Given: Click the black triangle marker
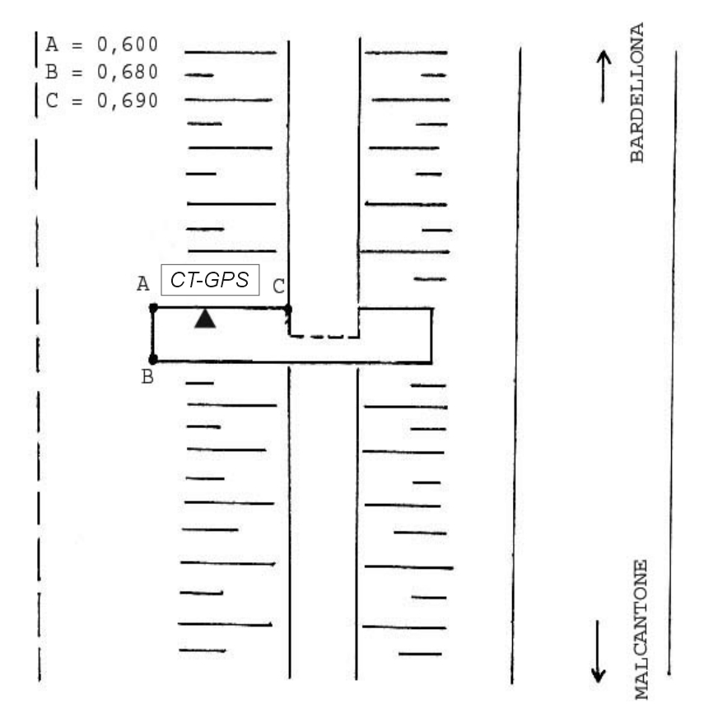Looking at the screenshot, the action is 205,319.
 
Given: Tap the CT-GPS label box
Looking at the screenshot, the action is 211,281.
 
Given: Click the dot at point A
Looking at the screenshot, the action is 153,308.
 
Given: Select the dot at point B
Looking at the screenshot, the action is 153,359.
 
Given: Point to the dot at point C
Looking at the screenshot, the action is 287,309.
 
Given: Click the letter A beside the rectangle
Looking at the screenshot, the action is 143,284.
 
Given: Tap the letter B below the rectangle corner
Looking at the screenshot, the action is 148,380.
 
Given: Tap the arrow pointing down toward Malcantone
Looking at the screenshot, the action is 599,650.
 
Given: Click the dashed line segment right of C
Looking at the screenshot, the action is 324,336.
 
